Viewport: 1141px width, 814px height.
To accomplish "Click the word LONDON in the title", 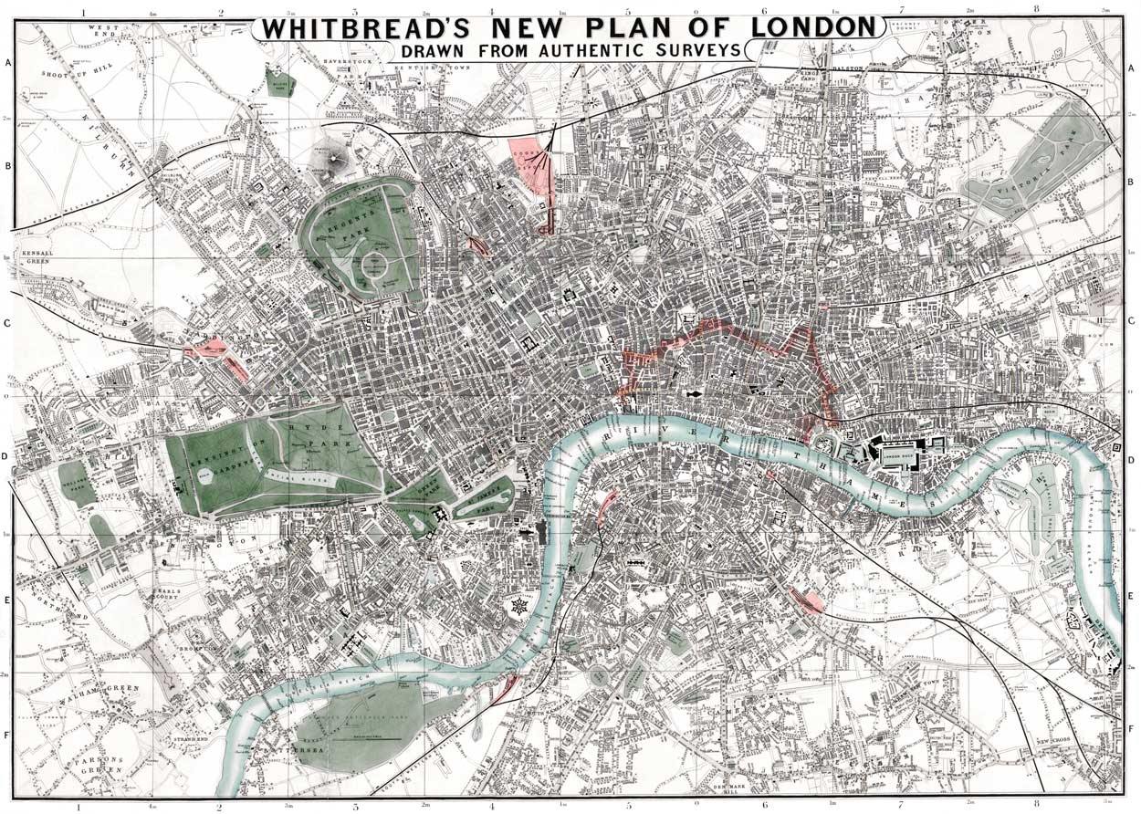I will (812, 27).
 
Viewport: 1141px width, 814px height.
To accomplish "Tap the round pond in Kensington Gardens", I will (205, 475).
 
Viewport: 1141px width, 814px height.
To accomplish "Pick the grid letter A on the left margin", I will (8, 64).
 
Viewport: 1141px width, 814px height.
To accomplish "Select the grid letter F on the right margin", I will (1132, 729).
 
